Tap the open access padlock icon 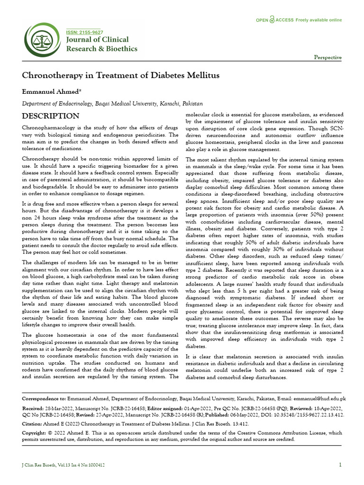click(x=271, y=20)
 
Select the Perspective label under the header click(x=328, y=57)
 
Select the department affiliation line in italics click(x=113, y=103)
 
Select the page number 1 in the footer click(x=340, y=465)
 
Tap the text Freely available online click(x=318, y=20)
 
